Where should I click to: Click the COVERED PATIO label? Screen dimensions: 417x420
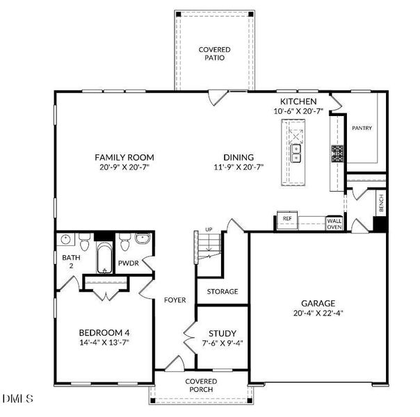click(215, 54)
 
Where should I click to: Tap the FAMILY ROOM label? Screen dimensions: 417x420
click(124, 157)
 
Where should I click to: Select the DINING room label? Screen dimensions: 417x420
click(238, 157)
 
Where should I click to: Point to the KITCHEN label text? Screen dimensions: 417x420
click(298, 101)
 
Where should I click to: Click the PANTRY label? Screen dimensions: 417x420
click(362, 128)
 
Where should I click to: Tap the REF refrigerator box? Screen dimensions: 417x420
click(286, 219)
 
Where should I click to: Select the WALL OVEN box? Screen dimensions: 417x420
click(334, 222)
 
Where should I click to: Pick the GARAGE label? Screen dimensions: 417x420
click(318, 303)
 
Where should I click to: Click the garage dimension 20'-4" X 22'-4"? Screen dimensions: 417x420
click(318, 313)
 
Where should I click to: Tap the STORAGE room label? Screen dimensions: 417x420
click(222, 291)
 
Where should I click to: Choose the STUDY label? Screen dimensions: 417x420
click(223, 333)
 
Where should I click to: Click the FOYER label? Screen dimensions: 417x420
click(175, 300)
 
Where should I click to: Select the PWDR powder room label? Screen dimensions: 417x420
click(128, 263)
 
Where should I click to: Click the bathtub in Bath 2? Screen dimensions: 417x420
click(104, 258)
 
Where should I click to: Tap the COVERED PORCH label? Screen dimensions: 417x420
click(201, 386)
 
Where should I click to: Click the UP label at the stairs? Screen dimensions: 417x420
click(208, 229)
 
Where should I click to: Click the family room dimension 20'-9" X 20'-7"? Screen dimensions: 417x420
click(124, 167)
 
